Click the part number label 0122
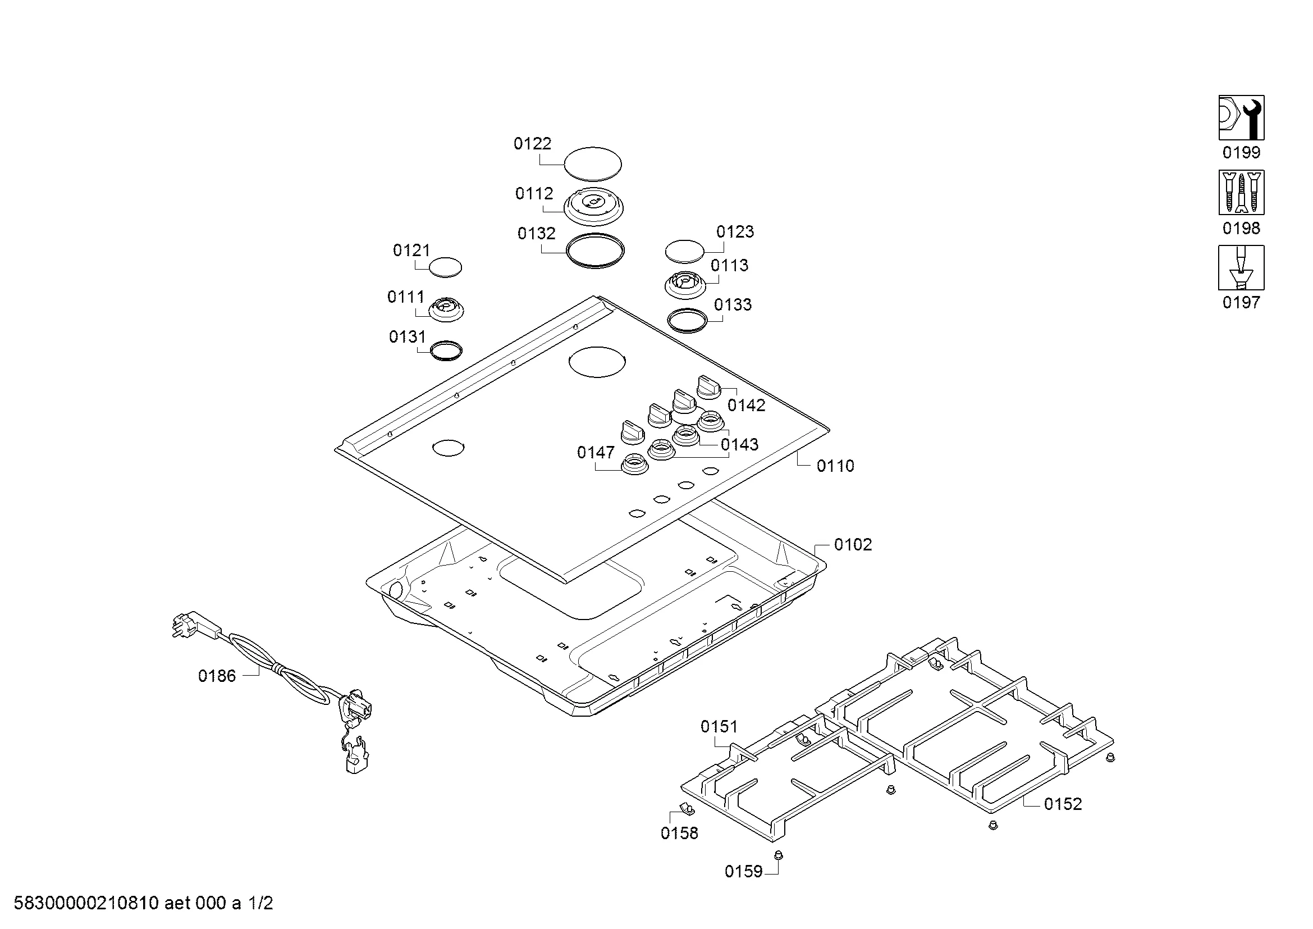(x=532, y=144)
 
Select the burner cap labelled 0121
(x=445, y=267)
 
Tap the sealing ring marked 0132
(x=594, y=251)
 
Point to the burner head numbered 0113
(x=684, y=284)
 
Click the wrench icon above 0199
(x=1241, y=118)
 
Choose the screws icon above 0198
(x=1241, y=192)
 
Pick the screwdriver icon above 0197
(x=1241, y=268)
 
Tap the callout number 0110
(x=835, y=466)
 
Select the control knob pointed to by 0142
(x=708, y=388)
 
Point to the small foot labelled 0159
(x=777, y=856)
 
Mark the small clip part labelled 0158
(x=684, y=808)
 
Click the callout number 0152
(x=1063, y=804)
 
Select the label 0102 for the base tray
(x=853, y=545)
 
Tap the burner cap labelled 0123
(x=684, y=251)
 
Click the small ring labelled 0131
(x=446, y=350)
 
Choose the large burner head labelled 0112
(x=593, y=206)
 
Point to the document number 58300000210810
(x=86, y=904)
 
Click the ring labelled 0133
(x=688, y=320)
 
